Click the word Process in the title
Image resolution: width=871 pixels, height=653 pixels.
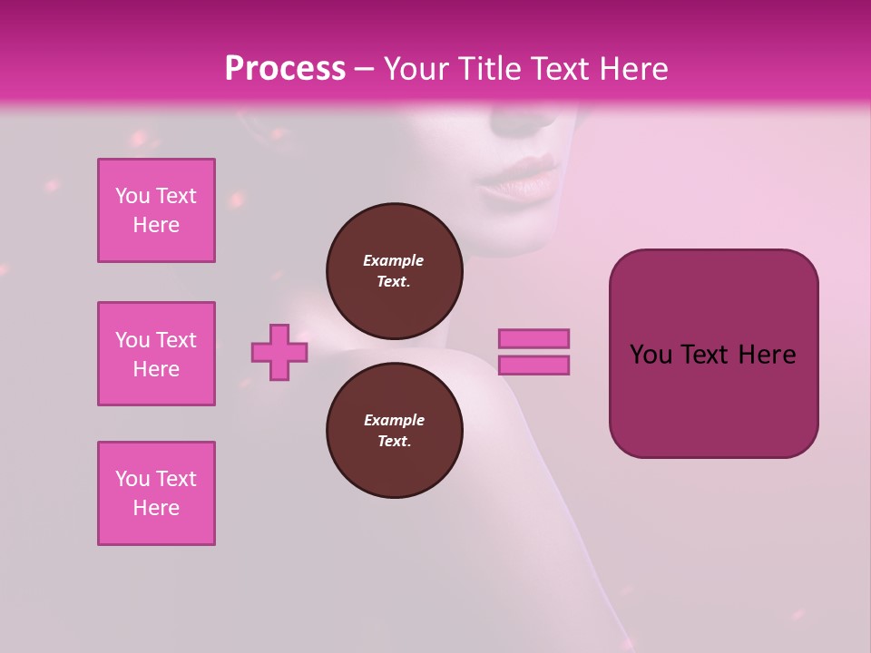click(x=285, y=69)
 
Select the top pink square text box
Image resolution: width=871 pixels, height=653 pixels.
click(x=156, y=210)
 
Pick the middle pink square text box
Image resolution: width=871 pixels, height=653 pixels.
click(x=156, y=354)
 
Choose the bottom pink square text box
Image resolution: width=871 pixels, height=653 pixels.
click(x=156, y=493)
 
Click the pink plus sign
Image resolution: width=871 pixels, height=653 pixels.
click(x=279, y=352)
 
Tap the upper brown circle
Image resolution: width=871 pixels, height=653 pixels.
click(x=395, y=270)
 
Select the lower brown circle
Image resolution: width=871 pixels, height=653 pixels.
click(x=395, y=430)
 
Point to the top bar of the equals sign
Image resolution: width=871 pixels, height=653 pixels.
click(x=534, y=339)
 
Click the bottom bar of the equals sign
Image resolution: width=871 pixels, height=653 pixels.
click(x=534, y=365)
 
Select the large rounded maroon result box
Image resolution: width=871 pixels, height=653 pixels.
click(x=713, y=399)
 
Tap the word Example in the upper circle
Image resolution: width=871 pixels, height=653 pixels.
click(x=393, y=260)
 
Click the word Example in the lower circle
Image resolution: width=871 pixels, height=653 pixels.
click(x=394, y=420)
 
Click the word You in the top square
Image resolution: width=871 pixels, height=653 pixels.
click(x=132, y=196)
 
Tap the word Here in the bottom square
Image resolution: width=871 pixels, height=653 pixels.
click(x=156, y=508)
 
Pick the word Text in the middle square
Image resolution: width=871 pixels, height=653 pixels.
click(x=176, y=340)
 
